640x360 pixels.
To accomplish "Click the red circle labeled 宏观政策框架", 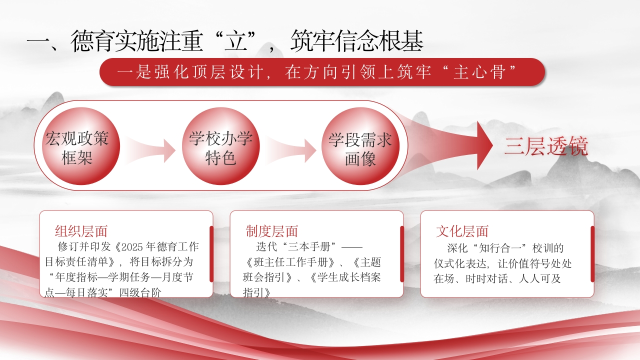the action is coord(81,146).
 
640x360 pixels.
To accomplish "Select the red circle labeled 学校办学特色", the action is coord(221,146).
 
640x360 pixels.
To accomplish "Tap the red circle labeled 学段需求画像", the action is coord(360,146).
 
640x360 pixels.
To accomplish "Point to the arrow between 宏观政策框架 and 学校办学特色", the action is coord(149,150).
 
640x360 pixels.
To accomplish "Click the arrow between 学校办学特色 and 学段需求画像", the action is coord(290,150).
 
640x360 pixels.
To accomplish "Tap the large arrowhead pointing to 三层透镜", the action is coord(484,145).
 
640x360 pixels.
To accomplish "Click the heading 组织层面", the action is coord(81,231).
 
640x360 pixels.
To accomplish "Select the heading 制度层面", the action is coord(271,231).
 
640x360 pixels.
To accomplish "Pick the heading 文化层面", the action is coord(462,231).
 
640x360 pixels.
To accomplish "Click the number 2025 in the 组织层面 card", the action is coord(132,247).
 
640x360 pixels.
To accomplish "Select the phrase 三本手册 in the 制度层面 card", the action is coord(309,246).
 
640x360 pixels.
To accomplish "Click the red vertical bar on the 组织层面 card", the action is coord(211,254).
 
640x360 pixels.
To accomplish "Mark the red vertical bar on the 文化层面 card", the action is coord(592,254).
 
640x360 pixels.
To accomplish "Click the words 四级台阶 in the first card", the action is coord(140,292).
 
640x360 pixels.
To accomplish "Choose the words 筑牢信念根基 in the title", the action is coord(356,41).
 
